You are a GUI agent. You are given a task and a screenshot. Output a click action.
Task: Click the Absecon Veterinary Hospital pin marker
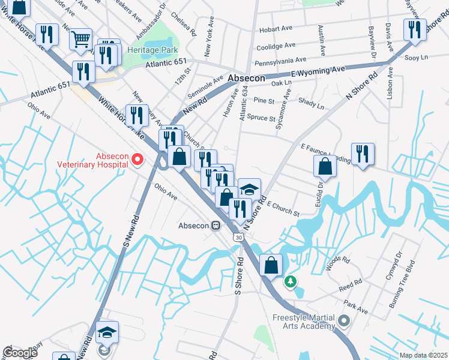[x=137, y=159]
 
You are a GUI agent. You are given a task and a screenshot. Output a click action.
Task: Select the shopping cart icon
[x=80, y=40]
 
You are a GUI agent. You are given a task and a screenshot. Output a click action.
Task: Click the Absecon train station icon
[x=215, y=226]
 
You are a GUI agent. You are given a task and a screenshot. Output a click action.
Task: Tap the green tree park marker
[x=291, y=280]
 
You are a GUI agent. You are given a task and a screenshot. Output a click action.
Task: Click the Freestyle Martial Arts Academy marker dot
[x=343, y=321]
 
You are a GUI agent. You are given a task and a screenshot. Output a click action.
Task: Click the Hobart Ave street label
[x=276, y=30]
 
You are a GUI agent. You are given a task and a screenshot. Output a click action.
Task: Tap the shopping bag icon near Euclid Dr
[x=325, y=166]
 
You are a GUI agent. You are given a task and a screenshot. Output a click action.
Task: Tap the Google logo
[x=20, y=353]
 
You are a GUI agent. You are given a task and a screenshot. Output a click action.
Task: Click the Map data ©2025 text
[x=423, y=355]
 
